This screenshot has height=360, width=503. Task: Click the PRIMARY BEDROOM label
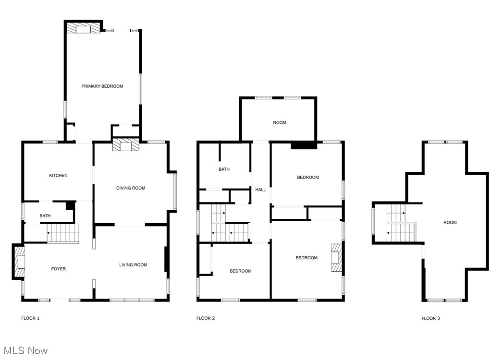102,86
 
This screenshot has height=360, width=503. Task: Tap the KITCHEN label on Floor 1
58,176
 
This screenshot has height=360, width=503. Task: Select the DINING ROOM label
131,188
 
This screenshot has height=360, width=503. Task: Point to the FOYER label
59,269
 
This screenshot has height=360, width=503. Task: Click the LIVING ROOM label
133,265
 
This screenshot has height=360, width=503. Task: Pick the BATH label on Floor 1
45,216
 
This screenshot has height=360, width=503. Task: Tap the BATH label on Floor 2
224,169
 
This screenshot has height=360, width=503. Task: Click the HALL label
260,190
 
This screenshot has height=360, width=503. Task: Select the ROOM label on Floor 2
280,123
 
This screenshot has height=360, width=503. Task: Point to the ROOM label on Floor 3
450,223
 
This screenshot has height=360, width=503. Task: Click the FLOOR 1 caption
30,318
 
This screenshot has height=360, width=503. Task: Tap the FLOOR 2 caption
206,318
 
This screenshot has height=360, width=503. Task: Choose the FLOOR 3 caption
430,318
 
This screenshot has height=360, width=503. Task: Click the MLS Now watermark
24,351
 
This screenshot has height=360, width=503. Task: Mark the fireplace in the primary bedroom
83,28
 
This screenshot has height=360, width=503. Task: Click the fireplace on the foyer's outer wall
19,262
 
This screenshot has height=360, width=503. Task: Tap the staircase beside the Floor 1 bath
63,234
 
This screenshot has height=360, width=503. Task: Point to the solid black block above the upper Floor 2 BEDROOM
304,145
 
